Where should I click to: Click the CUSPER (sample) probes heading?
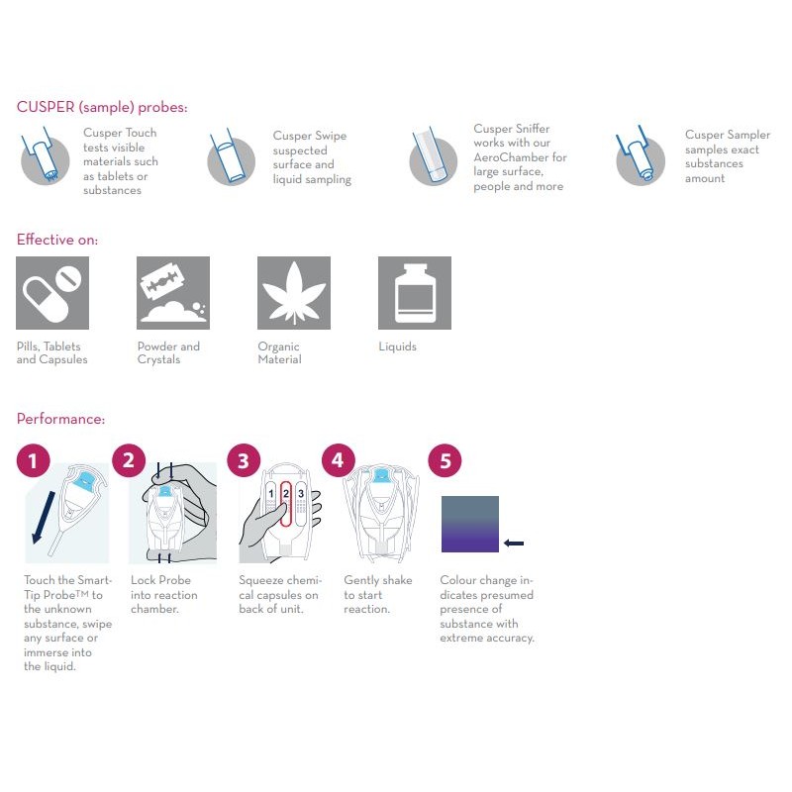pos(102,107)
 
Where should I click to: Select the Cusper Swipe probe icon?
pos(231,158)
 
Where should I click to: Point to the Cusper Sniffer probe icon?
pos(434,155)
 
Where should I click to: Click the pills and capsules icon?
pos(52,293)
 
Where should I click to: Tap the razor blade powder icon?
pos(173,293)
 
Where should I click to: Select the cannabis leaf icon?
pos(293,293)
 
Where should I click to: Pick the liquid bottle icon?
pos(415,293)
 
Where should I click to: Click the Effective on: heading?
pos(57,240)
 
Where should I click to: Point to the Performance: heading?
pos(60,419)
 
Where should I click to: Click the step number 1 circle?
pos(34,460)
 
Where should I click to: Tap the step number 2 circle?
pos(129,460)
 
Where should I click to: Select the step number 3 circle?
pos(244,460)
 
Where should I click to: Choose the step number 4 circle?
pos(339,460)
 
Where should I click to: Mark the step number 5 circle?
pos(445,460)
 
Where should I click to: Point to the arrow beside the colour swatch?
pos(514,543)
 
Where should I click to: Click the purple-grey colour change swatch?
pos(469,524)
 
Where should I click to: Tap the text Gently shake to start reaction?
pos(367,594)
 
